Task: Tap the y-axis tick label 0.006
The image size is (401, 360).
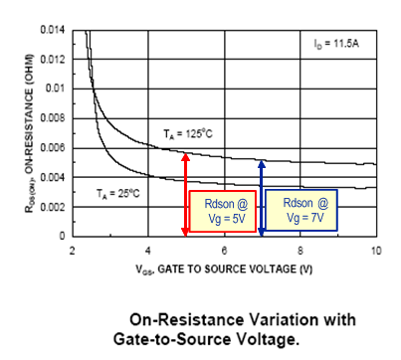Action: [53, 148]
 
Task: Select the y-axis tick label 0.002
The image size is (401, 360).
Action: [53, 207]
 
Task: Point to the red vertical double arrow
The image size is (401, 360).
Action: [185, 193]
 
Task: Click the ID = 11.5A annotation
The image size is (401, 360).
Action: [337, 45]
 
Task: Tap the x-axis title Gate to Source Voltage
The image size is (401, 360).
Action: [223, 269]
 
